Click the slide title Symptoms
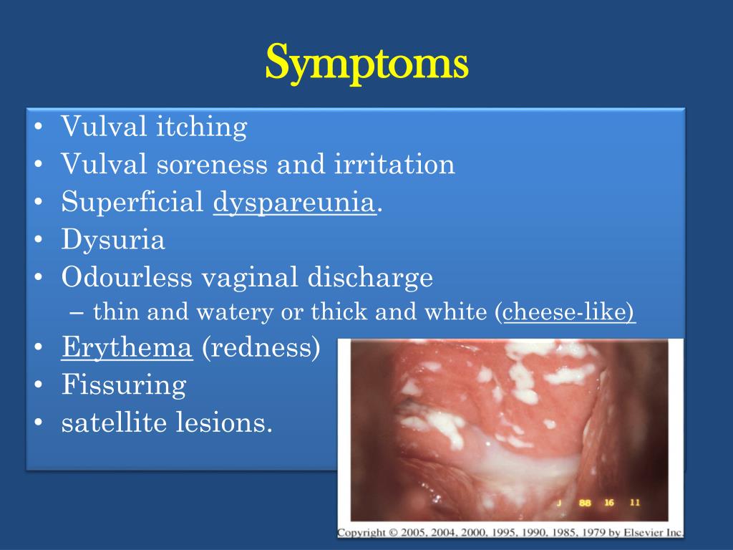pyautogui.click(x=366, y=63)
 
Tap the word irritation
pyautogui.click(x=394, y=165)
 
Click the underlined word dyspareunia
pyautogui.click(x=294, y=203)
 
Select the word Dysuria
pyautogui.click(x=113, y=240)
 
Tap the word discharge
pyautogui.click(x=370, y=277)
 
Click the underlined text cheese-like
pyautogui.click(x=569, y=313)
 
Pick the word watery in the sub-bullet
pyautogui.click(x=243, y=313)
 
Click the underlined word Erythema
pyautogui.click(x=127, y=349)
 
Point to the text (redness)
pyautogui.click(x=261, y=349)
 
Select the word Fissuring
pyautogui.click(x=124, y=386)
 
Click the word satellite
pyautogui.click(x=115, y=423)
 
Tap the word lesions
pyautogui.click(x=224, y=423)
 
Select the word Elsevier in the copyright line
pyautogui.click(x=646, y=533)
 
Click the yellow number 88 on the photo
pyautogui.click(x=585, y=503)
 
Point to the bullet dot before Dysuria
pyautogui.click(x=39, y=241)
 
